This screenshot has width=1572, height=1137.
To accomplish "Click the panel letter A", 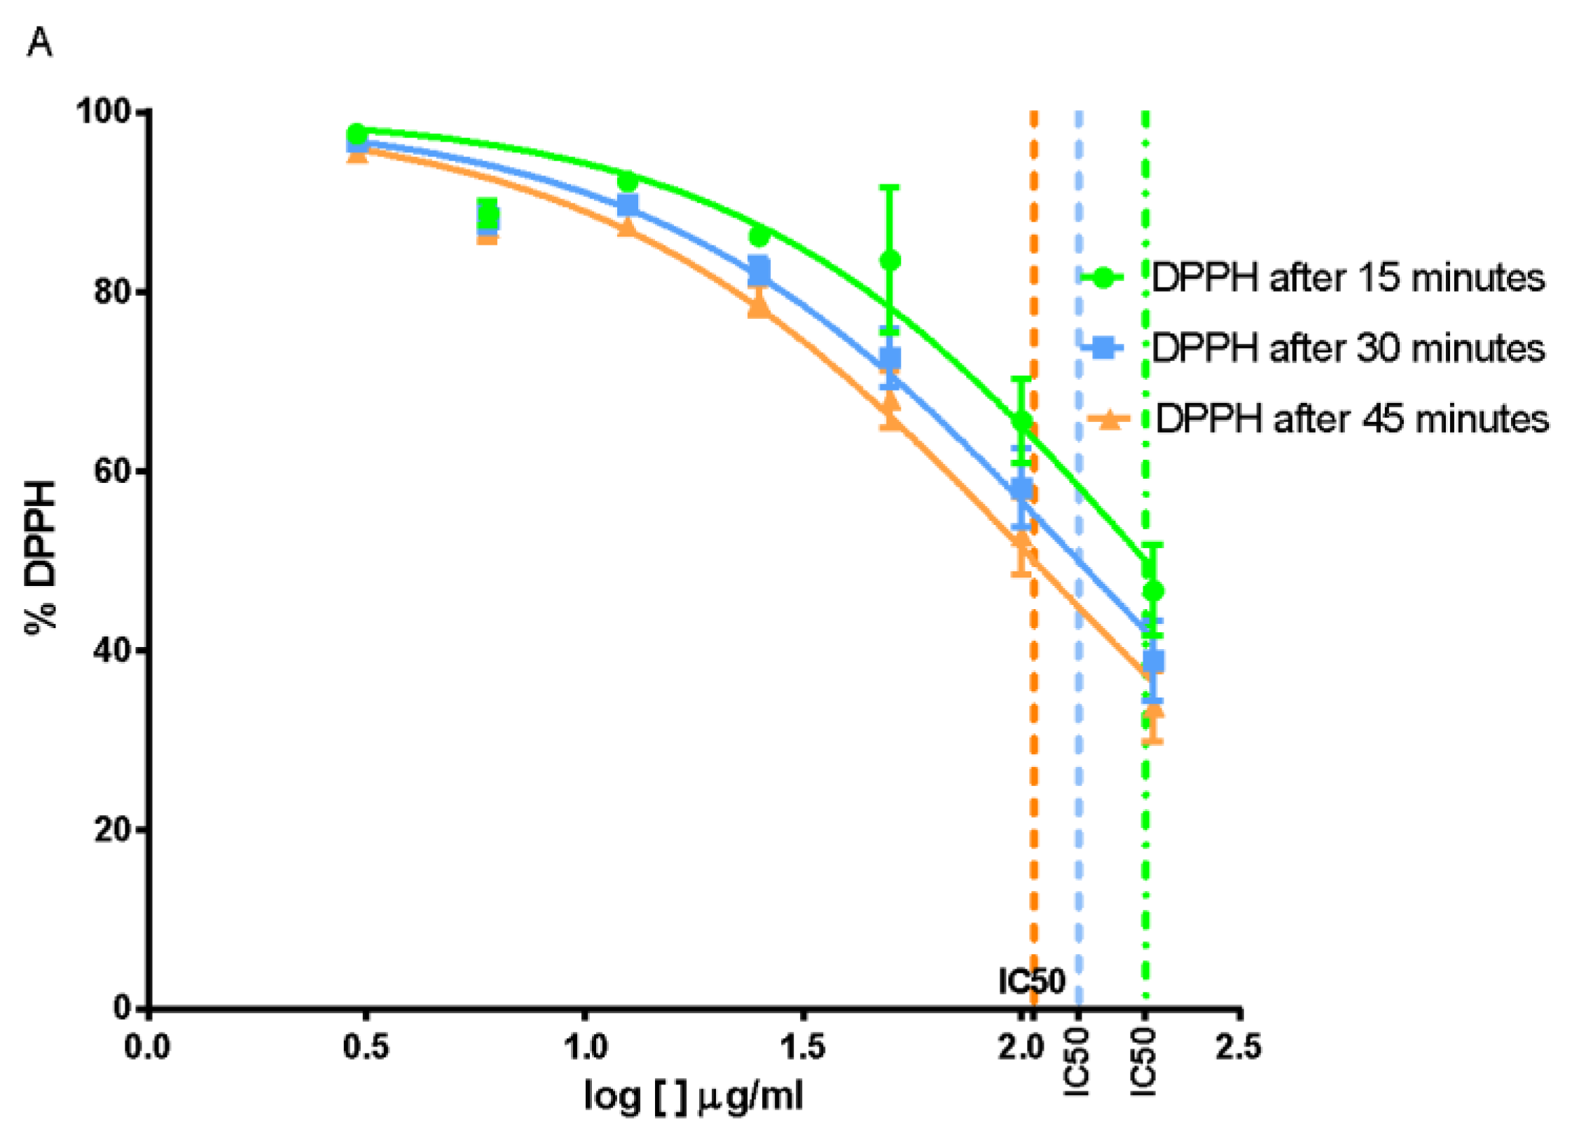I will pyautogui.click(x=39, y=43).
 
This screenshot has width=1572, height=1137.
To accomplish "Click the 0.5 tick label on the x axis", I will pyautogui.click(x=365, y=1047).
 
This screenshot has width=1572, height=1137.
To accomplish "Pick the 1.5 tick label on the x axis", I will pyautogui.click(x=802, y=1047).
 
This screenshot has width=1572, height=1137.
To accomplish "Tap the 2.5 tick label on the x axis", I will pyautogui.click(x=1239, y=1047).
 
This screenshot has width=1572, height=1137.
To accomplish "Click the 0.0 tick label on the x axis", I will pyautogui.click(x=147, y=1047).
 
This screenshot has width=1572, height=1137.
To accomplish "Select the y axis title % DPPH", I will pyautogui.click(x=41, y=557).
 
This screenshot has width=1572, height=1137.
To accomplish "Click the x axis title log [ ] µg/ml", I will pyautogui.click(x=694, y=1096).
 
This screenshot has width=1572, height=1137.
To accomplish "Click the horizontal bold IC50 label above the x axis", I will pyautogui.click(x=1031, y=981).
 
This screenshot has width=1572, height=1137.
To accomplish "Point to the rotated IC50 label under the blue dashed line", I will pyautogui.click(x=1077, y=1062).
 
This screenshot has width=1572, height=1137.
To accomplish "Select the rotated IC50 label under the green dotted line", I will pyautogui.click(x=1144, y=1062).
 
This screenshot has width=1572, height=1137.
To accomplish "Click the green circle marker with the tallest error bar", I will pyautogui.click(x=890, y=261).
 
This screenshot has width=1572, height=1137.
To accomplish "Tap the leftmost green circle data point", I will pyautogui.click(x=357, y=133).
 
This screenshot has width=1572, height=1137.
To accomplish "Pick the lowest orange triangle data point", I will pyautogui.click(x=1152, y=715).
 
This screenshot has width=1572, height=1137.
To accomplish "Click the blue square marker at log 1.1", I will pyautogui.click(x=628, y=205).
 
